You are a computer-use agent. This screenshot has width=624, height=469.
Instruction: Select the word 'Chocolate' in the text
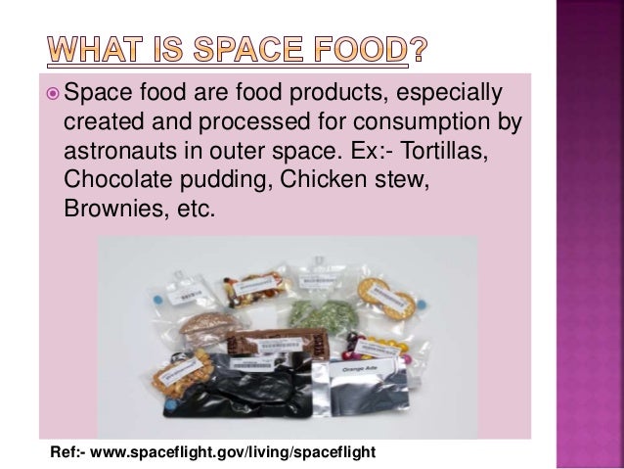tap(115, 184)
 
